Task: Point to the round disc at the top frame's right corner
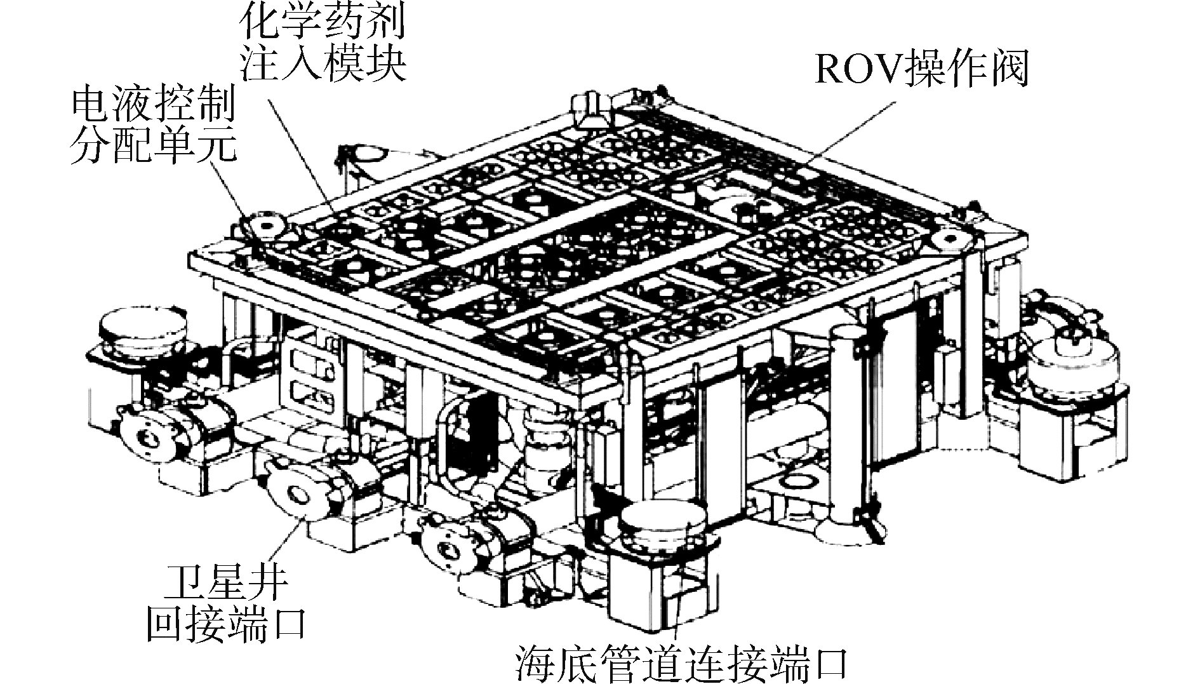(x=950, y=238)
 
